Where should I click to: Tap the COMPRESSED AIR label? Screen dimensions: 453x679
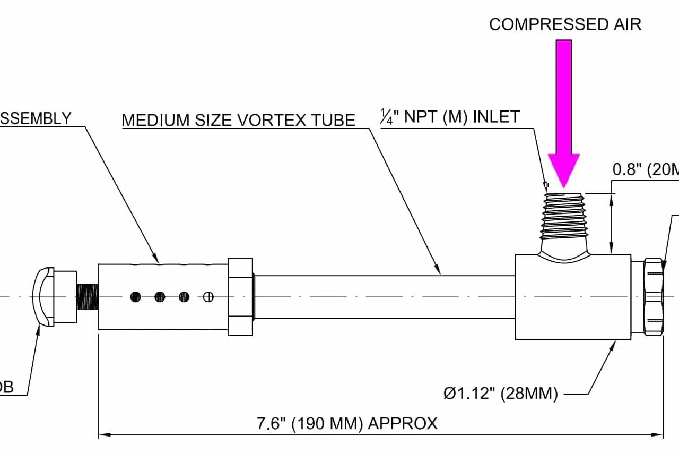565,24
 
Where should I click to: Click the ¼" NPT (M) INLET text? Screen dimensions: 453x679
450,117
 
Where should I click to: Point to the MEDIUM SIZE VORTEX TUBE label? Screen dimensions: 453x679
238,120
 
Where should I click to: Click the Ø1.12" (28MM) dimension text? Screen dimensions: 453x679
500,394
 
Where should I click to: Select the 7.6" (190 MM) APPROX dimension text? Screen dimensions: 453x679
347,424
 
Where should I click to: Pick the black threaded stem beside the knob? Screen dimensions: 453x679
88,297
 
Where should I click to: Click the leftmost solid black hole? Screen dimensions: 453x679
136,297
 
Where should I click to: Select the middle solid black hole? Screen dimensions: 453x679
160,297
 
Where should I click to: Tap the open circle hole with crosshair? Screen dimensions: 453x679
208,297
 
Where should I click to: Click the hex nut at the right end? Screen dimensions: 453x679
654,296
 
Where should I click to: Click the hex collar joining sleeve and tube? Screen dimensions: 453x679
240,297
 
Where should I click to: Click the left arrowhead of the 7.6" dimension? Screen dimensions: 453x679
104,434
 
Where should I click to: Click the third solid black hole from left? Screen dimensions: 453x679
184,297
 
